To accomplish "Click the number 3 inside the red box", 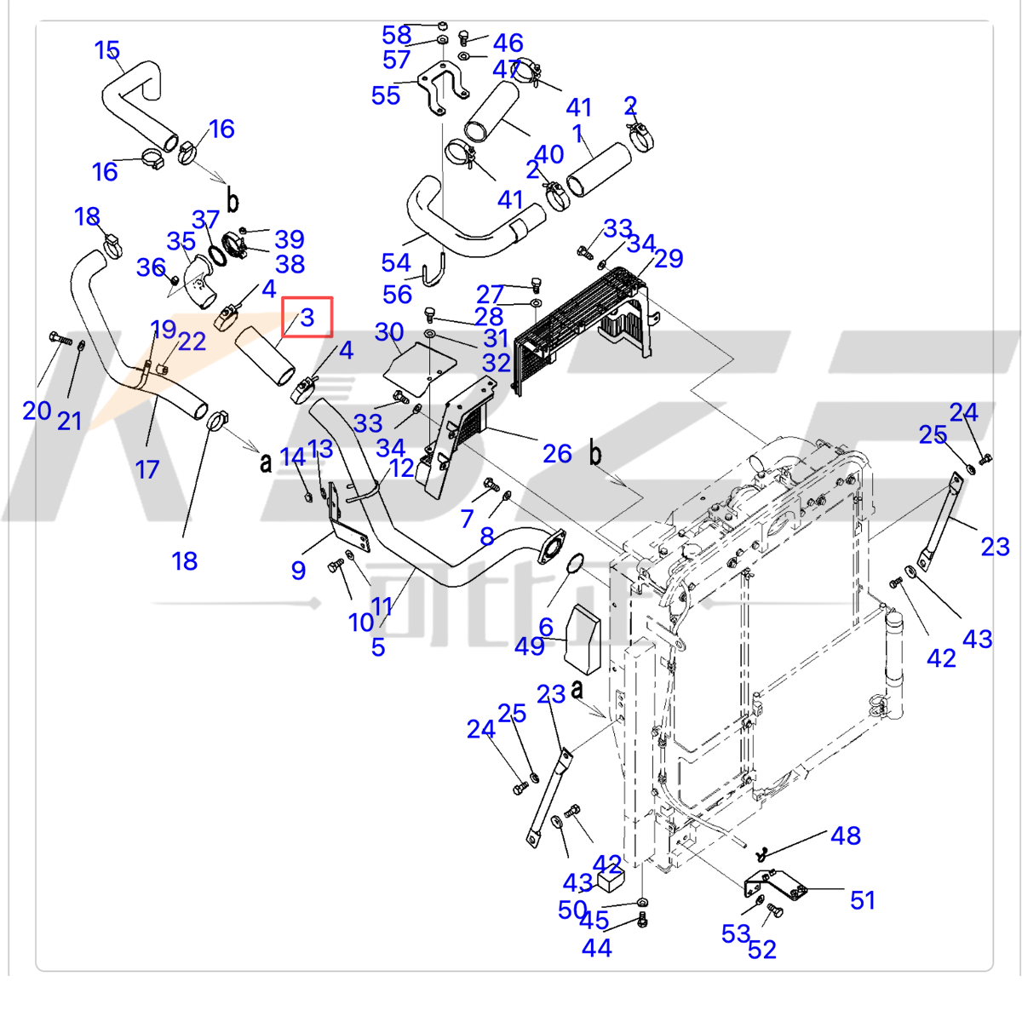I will [x=307, y=318].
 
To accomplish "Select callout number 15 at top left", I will [x=107, y=50].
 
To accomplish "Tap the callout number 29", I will [x=669, y=258].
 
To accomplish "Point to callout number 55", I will [x=386, y=95].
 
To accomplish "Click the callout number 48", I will [x=846, y=835].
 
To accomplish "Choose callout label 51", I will [x=863, y=899].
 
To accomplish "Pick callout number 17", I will [x=147, y=468].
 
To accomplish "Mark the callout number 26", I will [x=557, y=453].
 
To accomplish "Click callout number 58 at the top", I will [x=397, y=35].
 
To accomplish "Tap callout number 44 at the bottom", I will [x=596, y=947].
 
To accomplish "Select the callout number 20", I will [x=37, y=411].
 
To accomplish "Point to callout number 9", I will [x=298, y=570].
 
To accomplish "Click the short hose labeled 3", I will [x=265, y=355].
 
